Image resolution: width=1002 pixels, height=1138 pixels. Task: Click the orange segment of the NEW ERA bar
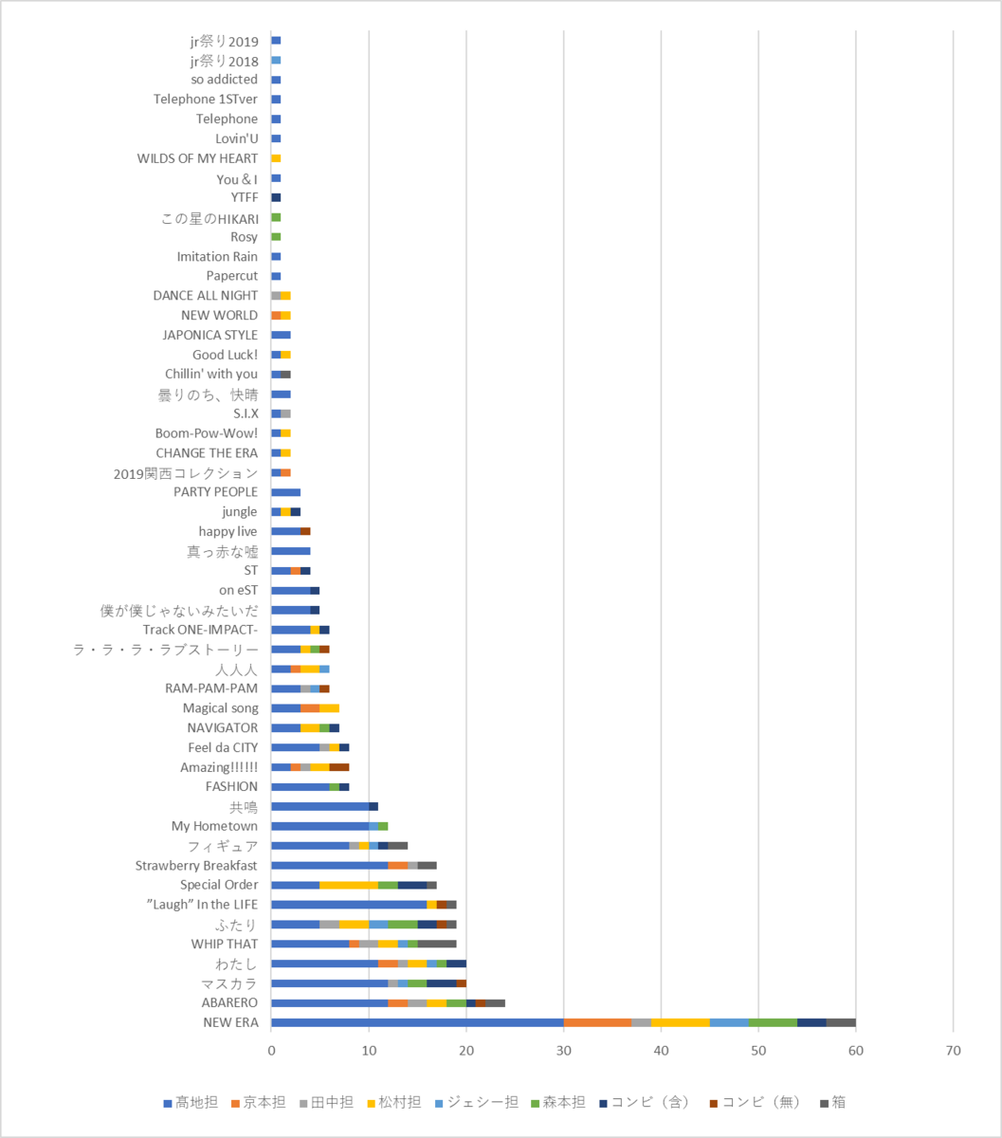(x=597, y=1022)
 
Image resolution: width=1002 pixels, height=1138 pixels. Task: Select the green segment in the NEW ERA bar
(x=773, y=1022)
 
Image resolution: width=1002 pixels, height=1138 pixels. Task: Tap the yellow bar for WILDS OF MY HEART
(x=276, y=158)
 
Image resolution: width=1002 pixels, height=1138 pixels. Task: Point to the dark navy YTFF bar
(x=276, y=197)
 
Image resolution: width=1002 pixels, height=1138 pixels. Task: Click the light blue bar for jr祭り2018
(x=276, y=60)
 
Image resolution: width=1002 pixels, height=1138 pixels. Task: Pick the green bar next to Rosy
(x=276, y=237)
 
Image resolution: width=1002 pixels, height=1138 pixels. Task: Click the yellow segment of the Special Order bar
(x=349, y=885)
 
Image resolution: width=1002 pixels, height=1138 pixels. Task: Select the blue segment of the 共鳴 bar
(x=320, y=807)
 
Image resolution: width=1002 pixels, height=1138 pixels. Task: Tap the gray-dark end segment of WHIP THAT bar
(x=437, y=944)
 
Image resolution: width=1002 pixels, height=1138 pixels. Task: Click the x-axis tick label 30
(x=564, y=1051)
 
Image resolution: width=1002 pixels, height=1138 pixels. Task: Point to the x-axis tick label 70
(x=953, y=1051)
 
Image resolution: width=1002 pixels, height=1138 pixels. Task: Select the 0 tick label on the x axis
(x=271, y=1051)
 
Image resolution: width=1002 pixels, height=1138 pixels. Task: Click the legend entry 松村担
(x=393, y=1102)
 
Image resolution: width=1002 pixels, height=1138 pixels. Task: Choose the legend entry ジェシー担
(x=476, y=1102)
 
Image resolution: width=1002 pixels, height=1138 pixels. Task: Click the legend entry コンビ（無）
(x=755, y=1102)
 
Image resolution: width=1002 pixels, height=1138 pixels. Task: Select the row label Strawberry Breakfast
(x=196, y=866)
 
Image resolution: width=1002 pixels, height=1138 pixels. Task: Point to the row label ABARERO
(x=229, y=1002)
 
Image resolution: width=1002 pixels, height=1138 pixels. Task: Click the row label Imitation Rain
(x=217, y=257)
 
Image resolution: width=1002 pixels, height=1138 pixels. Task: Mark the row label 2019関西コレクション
(x=186, y=473)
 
